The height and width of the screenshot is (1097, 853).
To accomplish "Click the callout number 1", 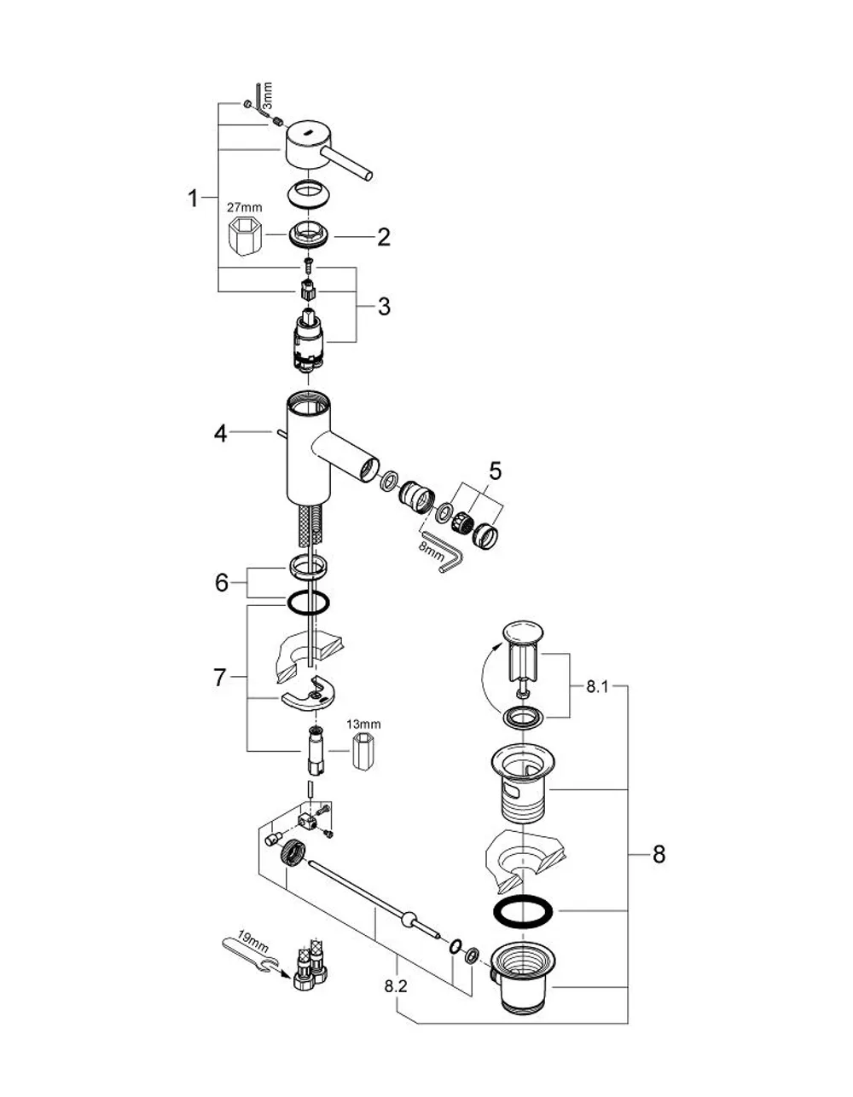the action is (x=193, y=198).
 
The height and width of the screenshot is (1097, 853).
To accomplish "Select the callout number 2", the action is (x=384, y=237).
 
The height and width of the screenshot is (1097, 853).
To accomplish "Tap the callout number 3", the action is (x=385, y=307).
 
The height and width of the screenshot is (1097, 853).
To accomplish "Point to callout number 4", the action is (x=220, y=434).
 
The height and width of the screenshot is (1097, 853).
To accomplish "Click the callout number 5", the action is (x=496, y=471).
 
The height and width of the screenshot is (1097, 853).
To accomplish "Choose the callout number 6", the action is (x=222, y=582).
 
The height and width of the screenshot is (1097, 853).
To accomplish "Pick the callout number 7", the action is (x=219, y=678).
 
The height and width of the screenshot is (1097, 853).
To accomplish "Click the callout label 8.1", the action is (x=597, y=687).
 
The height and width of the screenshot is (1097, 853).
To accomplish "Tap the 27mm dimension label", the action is (x=245, y=207).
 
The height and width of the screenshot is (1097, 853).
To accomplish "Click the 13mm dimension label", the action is (x=363, y=724).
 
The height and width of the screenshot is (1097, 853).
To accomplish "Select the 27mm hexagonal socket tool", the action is (x=245, y=236).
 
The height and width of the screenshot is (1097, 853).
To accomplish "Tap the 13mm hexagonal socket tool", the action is (x=363, y=751).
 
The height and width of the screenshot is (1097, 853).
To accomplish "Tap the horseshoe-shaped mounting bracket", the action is (x=305, y=696).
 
